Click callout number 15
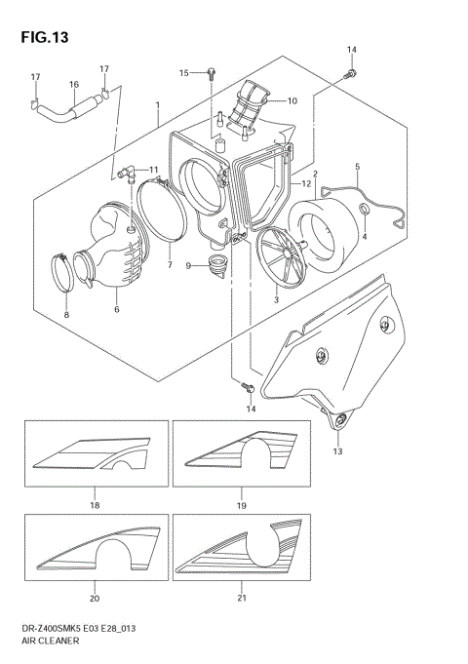(x=183, y=73)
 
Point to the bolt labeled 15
(x=210, y=73)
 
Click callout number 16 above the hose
(x=73, y=85)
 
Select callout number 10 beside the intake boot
(x=292, y=100)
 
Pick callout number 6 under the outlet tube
(x=117, y=309)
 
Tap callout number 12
(x=306, y=183)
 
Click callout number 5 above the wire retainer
(x=357, y=167)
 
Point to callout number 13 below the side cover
(x=337, y=451)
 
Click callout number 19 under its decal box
(x=241, y=506)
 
